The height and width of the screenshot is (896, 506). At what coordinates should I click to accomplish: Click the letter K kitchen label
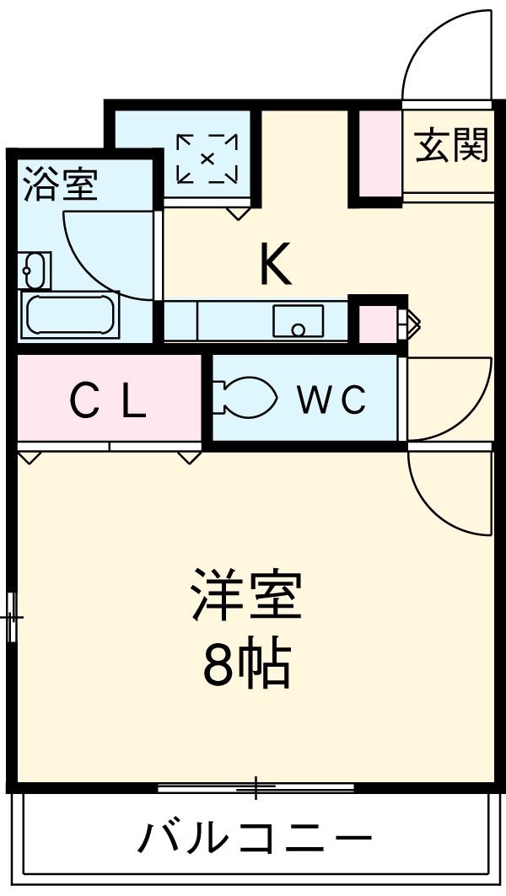tap(275, 264)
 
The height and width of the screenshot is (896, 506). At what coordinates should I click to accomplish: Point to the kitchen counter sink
tap(298, 321)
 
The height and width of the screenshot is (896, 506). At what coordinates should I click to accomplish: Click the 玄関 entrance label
tap(451, 146)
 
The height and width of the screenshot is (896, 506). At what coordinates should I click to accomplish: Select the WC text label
tap(331, 400)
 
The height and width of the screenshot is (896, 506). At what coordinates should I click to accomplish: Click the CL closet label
tap(109, 400)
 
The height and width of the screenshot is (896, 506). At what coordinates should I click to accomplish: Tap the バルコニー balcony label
tap(254, 838)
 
